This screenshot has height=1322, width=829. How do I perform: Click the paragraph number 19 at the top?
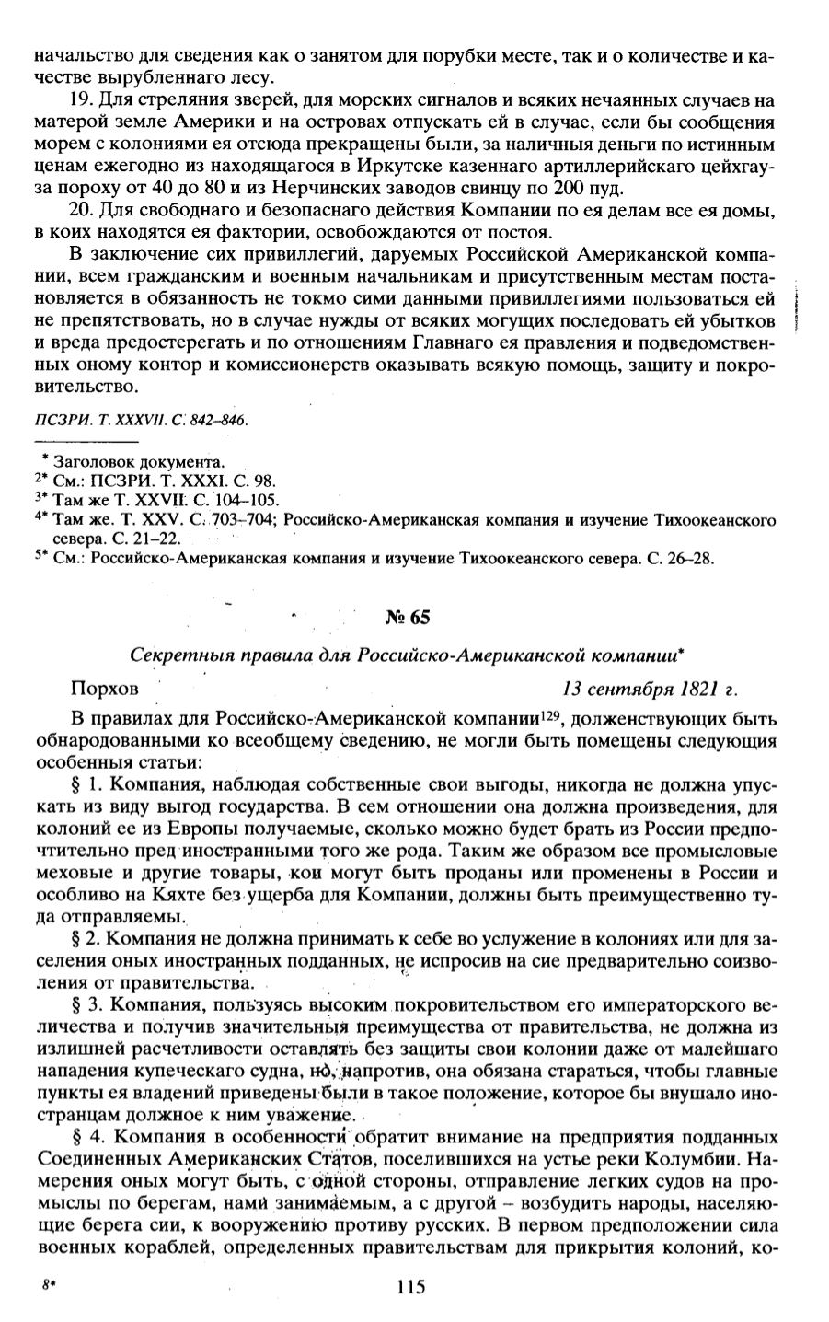80,99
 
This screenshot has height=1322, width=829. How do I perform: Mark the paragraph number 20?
80,209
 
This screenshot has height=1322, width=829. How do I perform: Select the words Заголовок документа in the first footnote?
138,460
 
